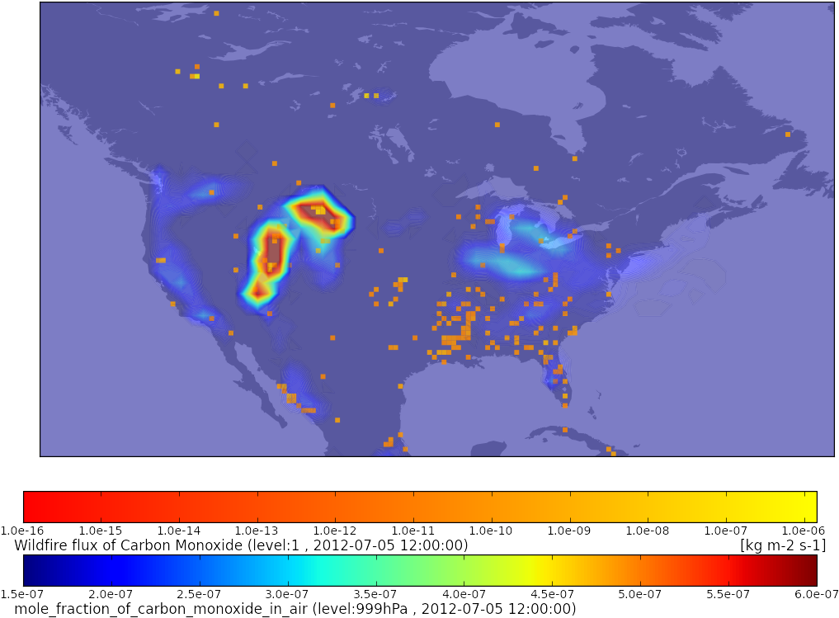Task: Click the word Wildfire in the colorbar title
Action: pyautogui.click(x=38, y=545)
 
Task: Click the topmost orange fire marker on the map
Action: pyautogui.click(x=216, y=13)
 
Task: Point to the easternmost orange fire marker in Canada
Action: pyautogui.click(x=788, y=134)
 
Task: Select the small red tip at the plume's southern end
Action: pyautogui.click(x=258, y=291)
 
